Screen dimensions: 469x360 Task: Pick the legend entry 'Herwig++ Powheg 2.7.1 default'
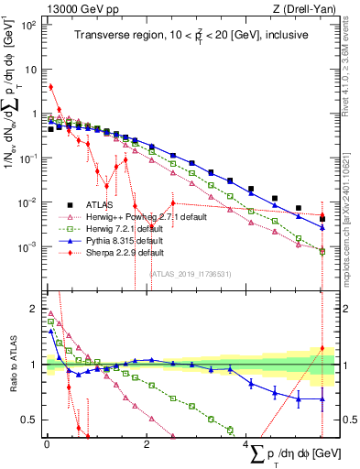point(147,217)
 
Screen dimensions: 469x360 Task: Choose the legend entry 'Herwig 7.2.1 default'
point(129,229)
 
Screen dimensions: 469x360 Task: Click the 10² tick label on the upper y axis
point(29,26)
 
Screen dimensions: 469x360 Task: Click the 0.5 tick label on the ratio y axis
point(30,420)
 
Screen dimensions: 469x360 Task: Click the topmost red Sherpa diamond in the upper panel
point(51,87)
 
